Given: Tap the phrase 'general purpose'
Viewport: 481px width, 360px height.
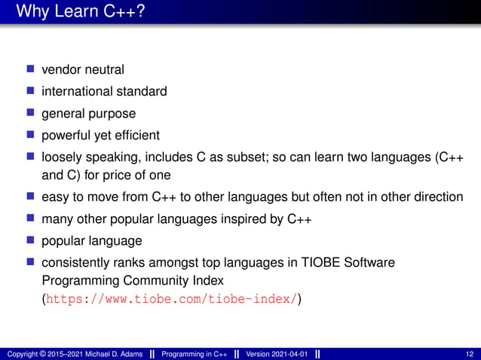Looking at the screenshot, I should tap(88, 114).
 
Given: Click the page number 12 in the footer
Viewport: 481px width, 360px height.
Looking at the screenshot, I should tap(470, 354).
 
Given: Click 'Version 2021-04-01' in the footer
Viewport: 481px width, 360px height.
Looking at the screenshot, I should tap(276, 354).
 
